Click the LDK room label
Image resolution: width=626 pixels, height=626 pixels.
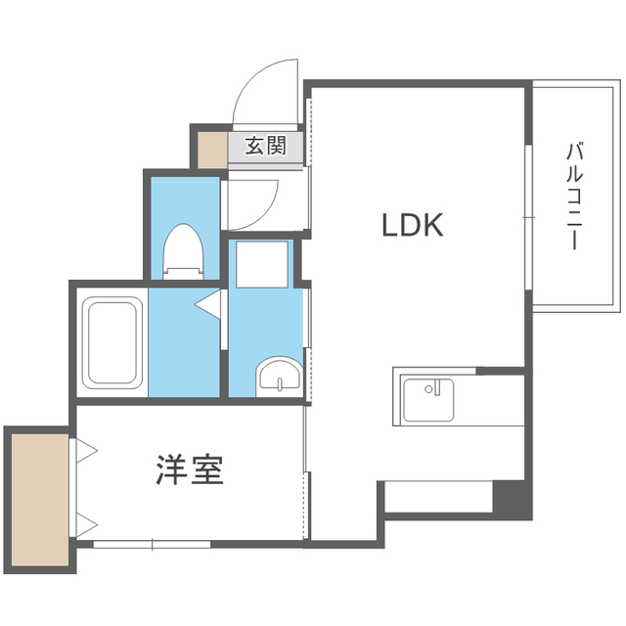(x=413, y=225)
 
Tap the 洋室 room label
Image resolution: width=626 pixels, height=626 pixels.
(x=189, y=469)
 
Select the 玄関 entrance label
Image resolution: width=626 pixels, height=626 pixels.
(x=265, y=146)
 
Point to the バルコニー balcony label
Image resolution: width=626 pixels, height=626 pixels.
(x=574, y=196)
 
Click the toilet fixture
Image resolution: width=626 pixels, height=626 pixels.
(x=183, y=252)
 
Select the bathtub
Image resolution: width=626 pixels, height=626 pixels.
(x=112, y=342)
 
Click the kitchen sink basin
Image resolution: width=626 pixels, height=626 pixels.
(x=428, y=400)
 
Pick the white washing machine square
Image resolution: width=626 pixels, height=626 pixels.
(x=262, y=264)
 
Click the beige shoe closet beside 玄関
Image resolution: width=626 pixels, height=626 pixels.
(x=213, y=150)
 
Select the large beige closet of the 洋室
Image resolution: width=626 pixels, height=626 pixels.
(x=40, y=500)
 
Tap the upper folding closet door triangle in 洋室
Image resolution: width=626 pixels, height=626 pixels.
(x=87, y=451)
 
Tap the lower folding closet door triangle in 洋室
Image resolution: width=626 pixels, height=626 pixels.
(x=87, y=525)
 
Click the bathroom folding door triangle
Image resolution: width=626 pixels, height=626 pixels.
(x=207, y=304)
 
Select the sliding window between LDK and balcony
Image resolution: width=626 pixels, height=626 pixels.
(x=528, y=217)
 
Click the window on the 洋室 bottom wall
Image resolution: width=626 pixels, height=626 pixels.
(x=152, y=544)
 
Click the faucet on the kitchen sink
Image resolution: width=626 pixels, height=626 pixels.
(x=436, y=387)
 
